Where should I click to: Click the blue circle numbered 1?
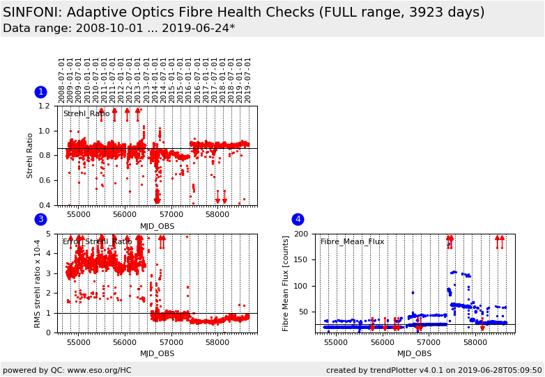[40, 92]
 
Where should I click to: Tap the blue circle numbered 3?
[40, 219]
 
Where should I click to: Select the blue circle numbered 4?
[298, 219]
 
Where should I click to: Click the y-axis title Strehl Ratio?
[30, 156]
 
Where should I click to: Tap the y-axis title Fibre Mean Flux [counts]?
[286, 283]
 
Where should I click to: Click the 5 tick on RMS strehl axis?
[53, 234]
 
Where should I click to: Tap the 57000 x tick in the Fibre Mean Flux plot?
[429, 343]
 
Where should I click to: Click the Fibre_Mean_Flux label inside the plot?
[352, 242]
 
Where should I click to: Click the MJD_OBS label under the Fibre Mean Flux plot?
[415, 354]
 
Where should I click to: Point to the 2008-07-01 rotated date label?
[62, 80]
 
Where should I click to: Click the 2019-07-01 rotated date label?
[248, 80]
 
